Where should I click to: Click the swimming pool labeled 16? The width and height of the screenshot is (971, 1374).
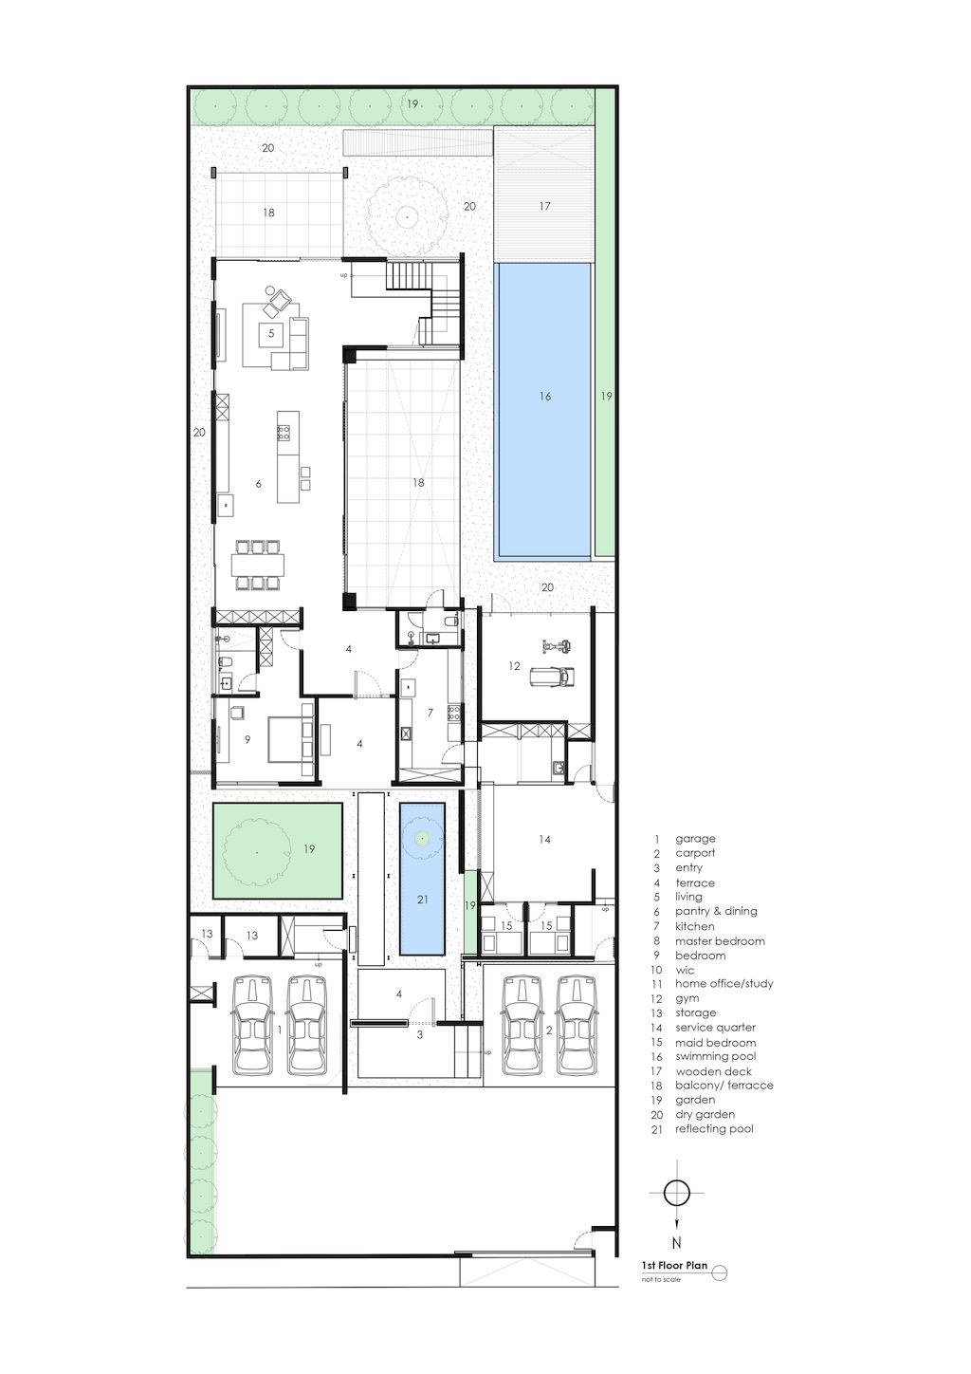click(543, 411)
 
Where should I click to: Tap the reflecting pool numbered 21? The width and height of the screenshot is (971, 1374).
click(422, 879)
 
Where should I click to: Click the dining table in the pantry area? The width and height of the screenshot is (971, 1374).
click(259, 565)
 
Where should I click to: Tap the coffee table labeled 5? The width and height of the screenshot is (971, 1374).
click(270, 334)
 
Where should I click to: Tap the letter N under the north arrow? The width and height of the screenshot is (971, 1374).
click(676, 1243)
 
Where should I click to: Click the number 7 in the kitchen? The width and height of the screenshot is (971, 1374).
click(431, 713)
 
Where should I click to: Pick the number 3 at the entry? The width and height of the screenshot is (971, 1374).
click(419, 1035)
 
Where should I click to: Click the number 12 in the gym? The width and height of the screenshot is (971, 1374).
click(514, 665)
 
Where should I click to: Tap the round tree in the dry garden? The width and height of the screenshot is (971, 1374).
click(405, 216)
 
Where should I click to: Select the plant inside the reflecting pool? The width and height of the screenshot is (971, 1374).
click(421, 837)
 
